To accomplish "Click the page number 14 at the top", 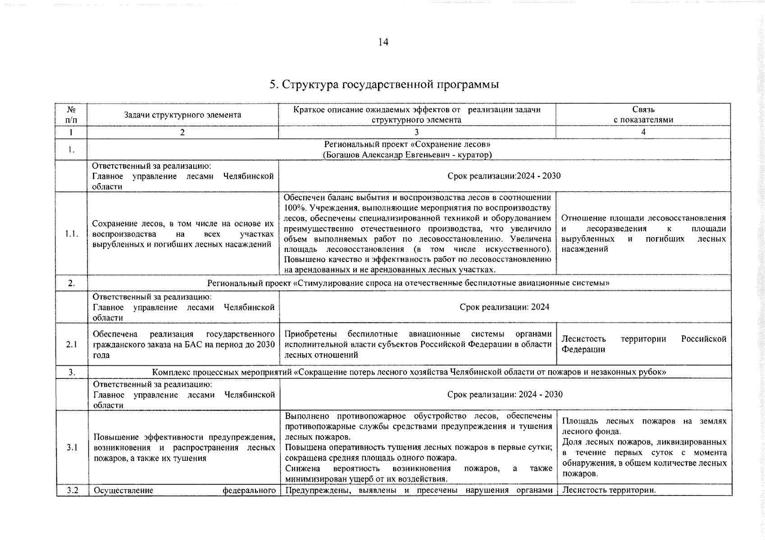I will point(383,42).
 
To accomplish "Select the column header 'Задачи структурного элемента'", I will point(182,115).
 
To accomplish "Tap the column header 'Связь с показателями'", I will point(643,115).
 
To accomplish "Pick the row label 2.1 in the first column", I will point(71,345).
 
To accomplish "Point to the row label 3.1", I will point(72,448).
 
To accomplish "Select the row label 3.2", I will point(72,490).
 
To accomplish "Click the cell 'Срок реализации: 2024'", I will point(504,307).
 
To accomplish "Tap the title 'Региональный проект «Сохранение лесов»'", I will point(407,144).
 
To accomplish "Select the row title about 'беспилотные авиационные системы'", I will point(408,283).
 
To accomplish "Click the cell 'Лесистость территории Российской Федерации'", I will point(643,344).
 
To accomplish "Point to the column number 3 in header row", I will point(416,132).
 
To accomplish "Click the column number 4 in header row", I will point(643,132).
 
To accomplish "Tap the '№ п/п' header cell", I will point(71,115).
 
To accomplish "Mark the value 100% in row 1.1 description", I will point(293,208).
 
